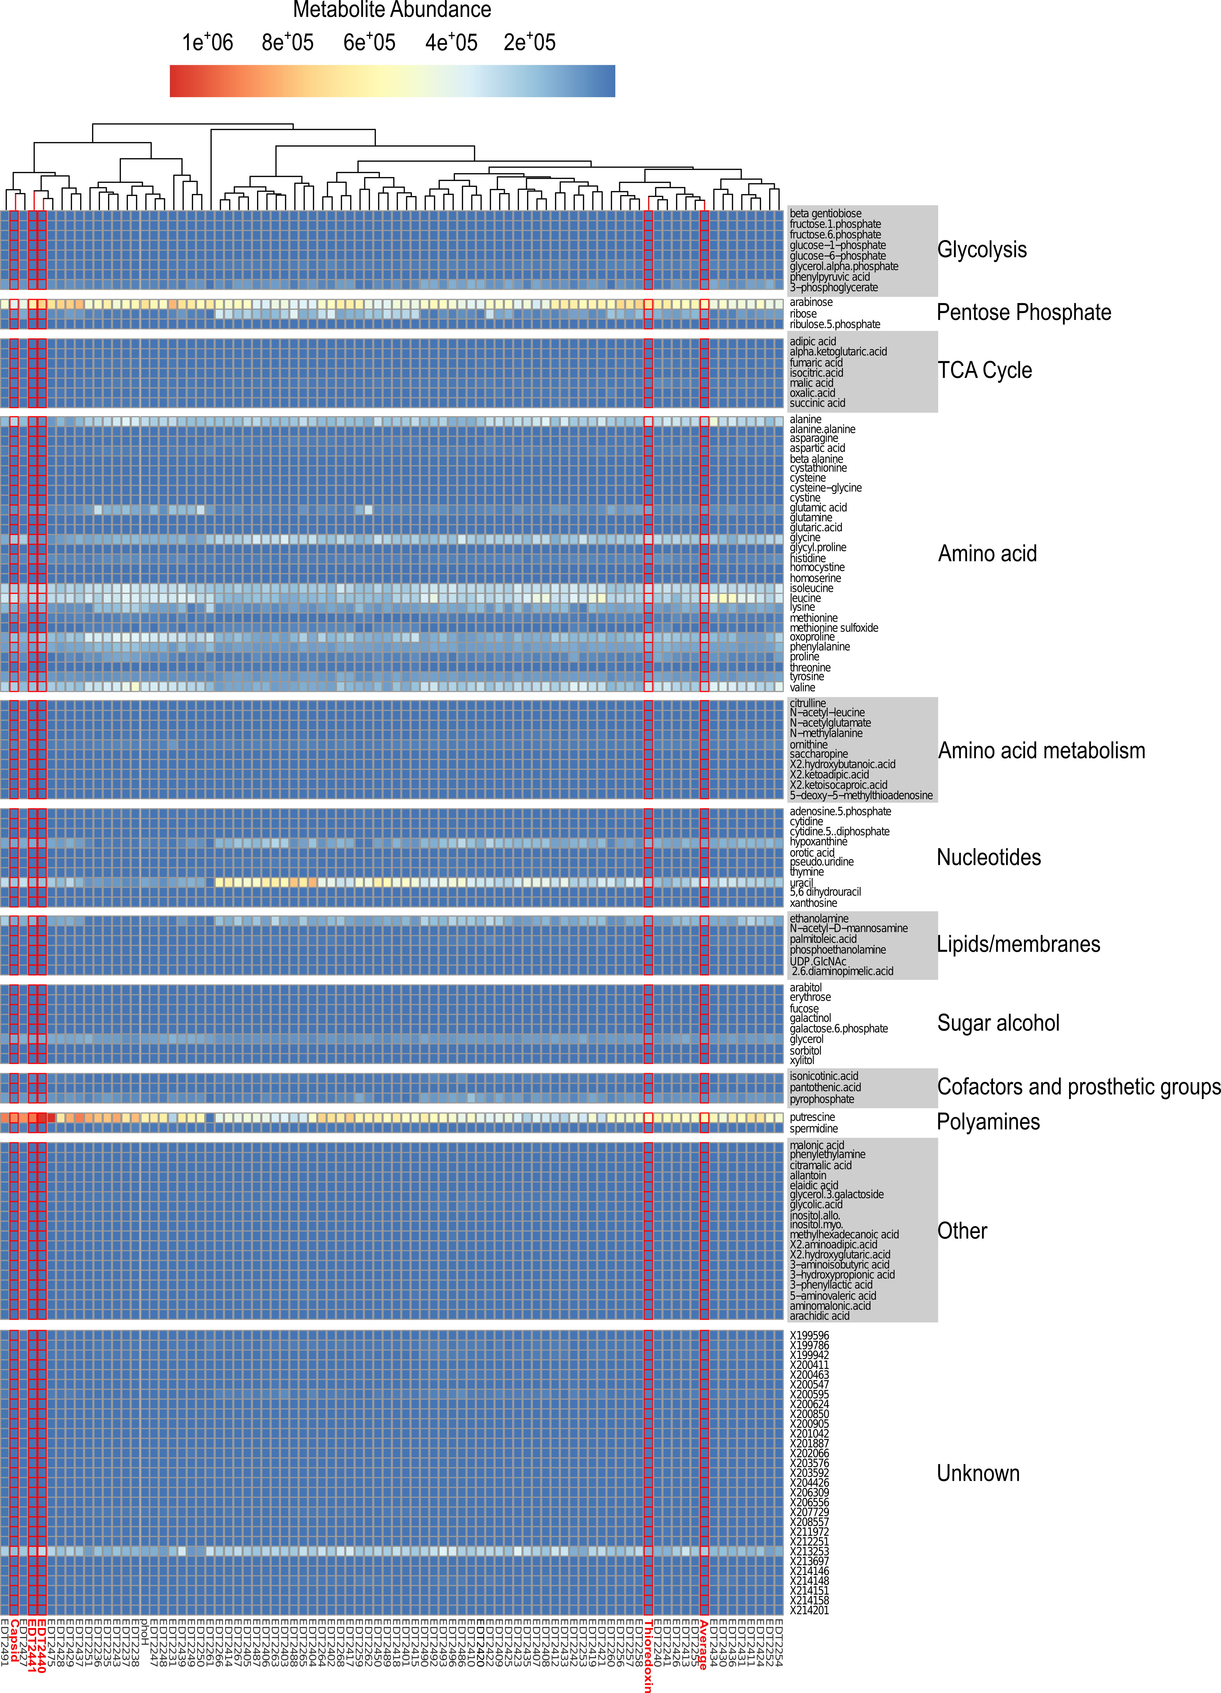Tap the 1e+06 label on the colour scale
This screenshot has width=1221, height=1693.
[x=208, y=43]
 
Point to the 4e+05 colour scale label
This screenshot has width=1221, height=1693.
[x=451, y=43]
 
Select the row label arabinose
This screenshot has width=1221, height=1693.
[x=811, y=302]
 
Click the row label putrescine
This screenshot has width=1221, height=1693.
[x=813, y=1118]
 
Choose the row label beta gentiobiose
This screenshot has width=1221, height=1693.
[x=825, y=213]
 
